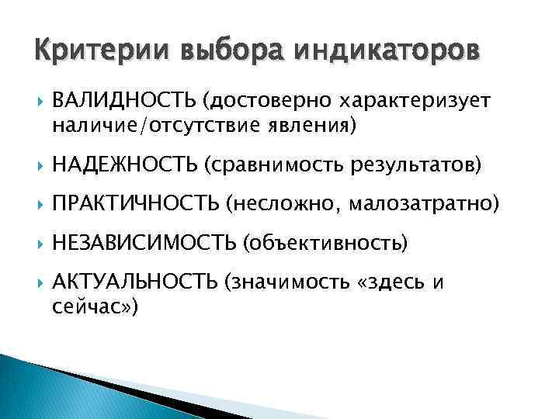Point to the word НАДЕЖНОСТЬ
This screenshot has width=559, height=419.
[x=125, y=164]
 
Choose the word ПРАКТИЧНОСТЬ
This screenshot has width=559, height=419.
[x=137, y=204]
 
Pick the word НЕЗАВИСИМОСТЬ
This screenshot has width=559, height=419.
[x=144, y=244]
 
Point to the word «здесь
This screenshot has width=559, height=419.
[x=392, y=283]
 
